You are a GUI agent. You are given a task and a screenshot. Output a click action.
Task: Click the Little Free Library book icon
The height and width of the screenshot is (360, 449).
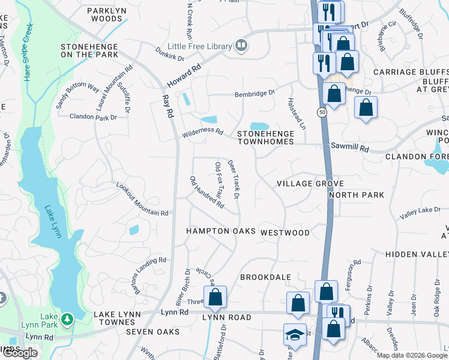[241, 46]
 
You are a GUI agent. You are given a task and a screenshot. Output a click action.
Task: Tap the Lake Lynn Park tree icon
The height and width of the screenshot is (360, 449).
[67, 317]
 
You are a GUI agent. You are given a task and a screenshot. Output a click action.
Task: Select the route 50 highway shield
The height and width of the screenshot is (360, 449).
[322, 113]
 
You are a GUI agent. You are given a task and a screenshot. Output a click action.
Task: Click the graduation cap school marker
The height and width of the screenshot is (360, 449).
[292, 334]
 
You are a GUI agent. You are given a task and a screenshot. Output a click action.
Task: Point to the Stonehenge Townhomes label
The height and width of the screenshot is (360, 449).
[265, 137]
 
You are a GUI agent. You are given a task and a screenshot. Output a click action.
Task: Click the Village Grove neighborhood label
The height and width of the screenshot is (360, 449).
[310, 184]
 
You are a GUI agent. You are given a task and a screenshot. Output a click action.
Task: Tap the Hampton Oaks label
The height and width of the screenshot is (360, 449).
[220, 231]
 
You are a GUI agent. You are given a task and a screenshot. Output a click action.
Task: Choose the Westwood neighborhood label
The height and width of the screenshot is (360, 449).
[285, 232]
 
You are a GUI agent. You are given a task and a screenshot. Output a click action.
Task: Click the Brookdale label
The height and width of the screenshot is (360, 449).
[265, 277]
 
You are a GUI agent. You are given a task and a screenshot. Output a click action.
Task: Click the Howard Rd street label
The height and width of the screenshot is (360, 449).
[184, 77]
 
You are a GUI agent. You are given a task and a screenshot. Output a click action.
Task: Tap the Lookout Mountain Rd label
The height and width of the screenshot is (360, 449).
[142, 200]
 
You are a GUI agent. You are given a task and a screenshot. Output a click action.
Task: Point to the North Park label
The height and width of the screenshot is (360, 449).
[356, 195]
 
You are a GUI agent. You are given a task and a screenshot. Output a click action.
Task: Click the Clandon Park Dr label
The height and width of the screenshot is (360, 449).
[93, 116]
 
